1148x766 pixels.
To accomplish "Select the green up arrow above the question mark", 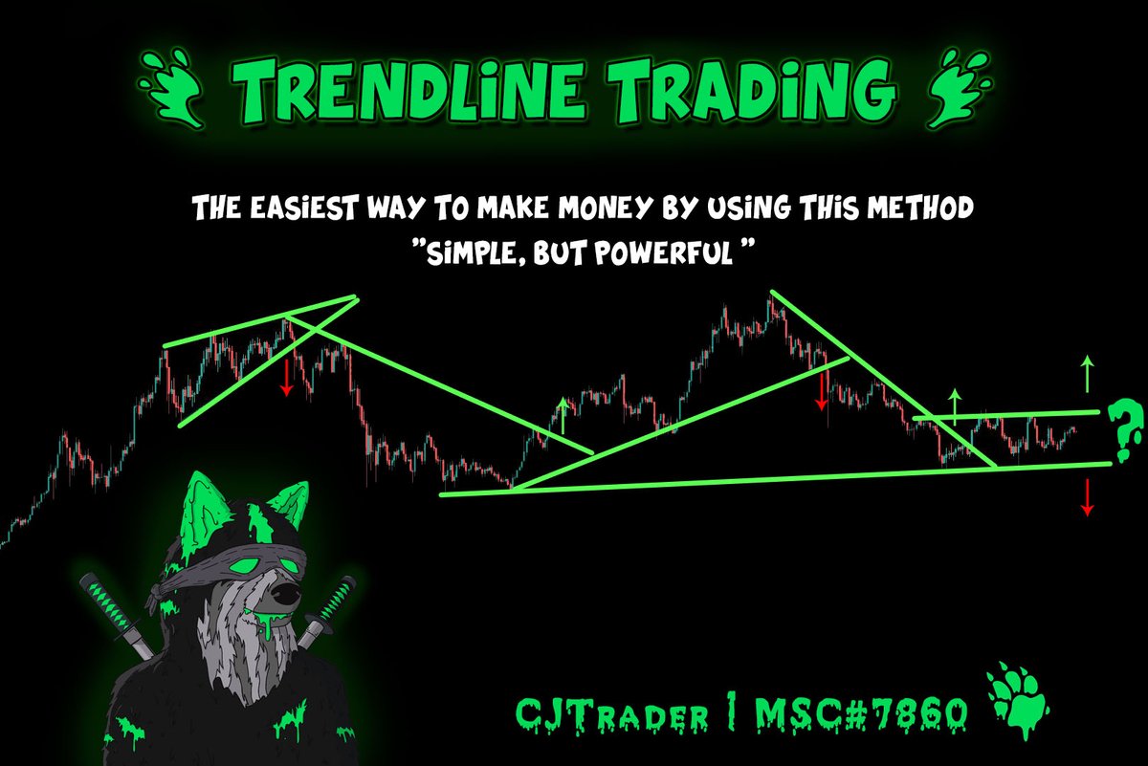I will pos(1087,373).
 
